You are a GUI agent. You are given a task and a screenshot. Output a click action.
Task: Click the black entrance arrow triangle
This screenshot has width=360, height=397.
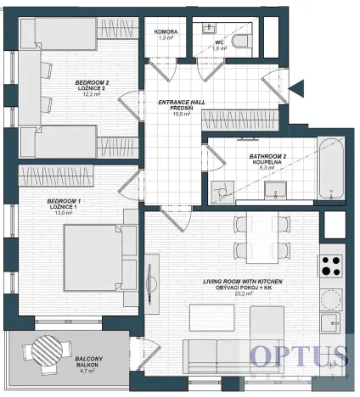pyautogui.click(x=296, y=87)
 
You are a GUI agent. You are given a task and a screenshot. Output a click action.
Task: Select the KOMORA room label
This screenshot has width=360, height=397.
pyautogui.click(x=166, y=31)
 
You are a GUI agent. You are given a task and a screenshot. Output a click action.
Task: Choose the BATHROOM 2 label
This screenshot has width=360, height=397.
pyautogui.click(x=267, y=156)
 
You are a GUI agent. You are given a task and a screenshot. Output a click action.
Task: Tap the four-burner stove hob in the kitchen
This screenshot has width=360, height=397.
pyautogui.click(x=330, y=268)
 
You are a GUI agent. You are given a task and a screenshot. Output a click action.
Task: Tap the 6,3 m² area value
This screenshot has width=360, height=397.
pyautogui.click(x=267, y=169)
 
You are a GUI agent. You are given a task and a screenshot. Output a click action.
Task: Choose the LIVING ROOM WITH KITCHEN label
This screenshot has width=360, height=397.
pyautogui.click(x=242, y=281)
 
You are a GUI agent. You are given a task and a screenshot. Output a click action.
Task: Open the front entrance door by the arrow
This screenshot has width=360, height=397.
pyautogui.click(x=273, y=85)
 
